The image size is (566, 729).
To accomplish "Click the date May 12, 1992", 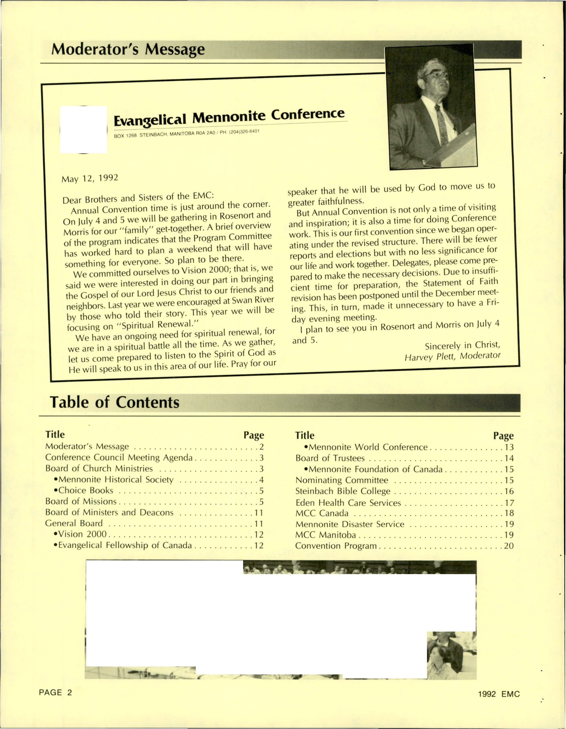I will [x=90, y=178].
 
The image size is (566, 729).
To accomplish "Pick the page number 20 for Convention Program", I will [x=509, y=546].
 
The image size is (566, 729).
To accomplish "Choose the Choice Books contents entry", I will [x=86, y=490].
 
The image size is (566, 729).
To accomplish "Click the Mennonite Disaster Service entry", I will [x=350, y=524].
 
